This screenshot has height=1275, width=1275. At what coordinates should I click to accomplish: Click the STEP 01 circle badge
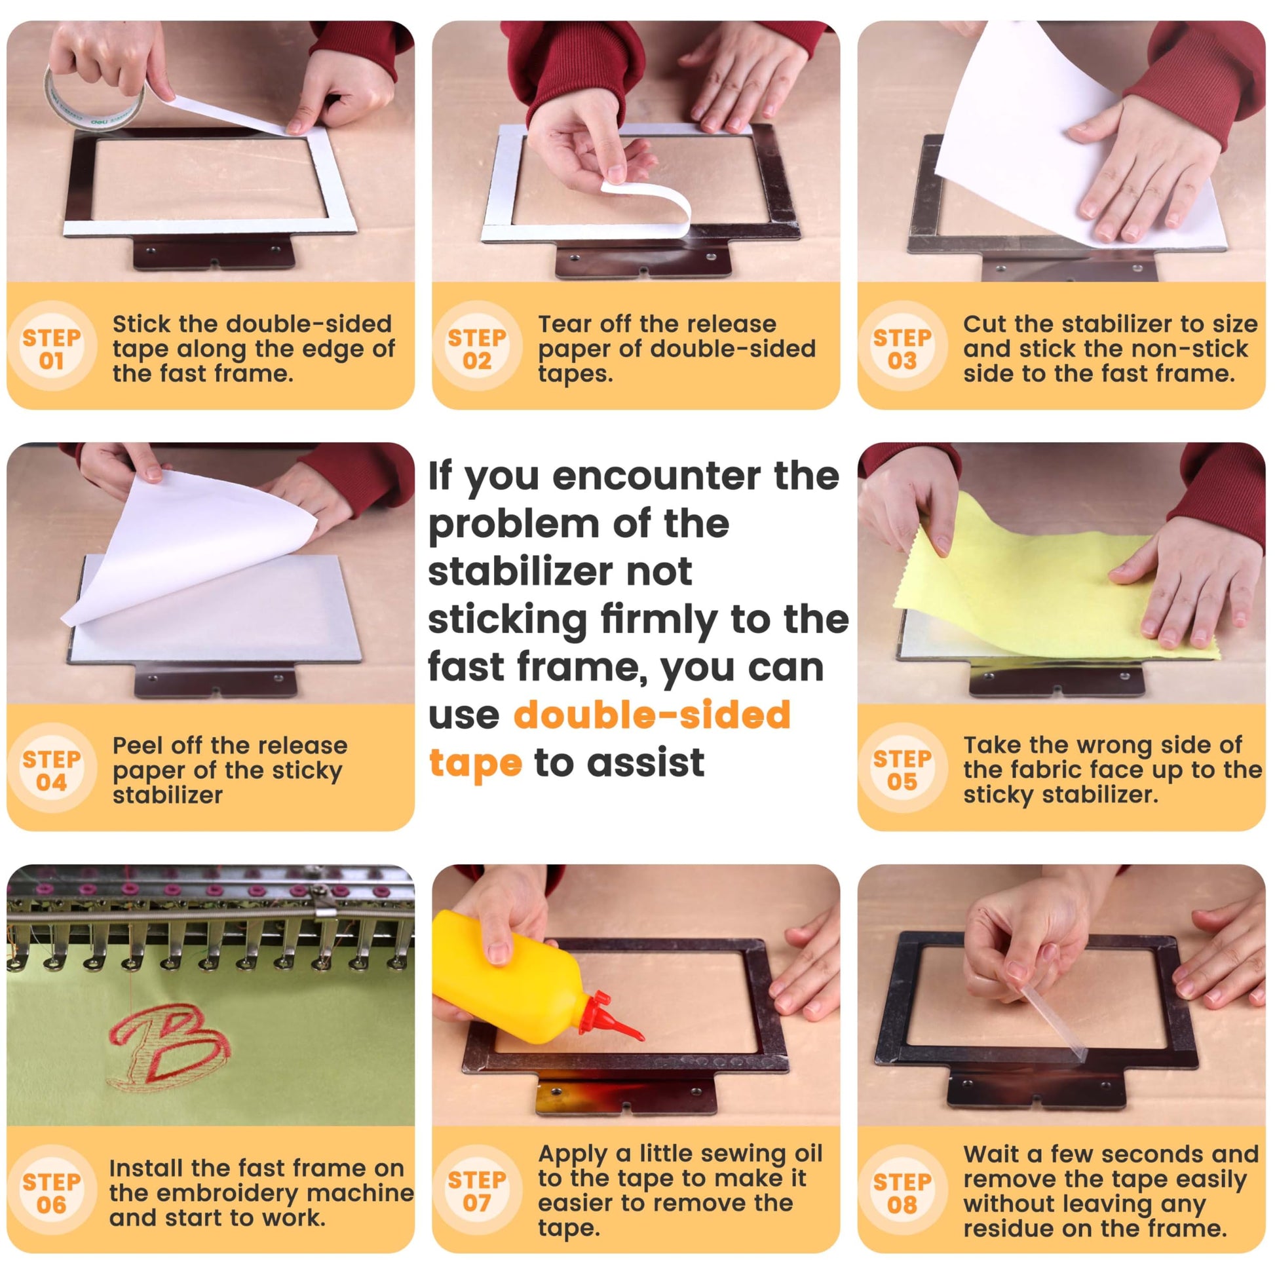point(52,349)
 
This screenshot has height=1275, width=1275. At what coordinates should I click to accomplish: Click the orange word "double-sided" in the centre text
point(652,715)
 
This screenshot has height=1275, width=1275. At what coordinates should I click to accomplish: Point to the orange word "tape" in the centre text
point(475,764)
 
